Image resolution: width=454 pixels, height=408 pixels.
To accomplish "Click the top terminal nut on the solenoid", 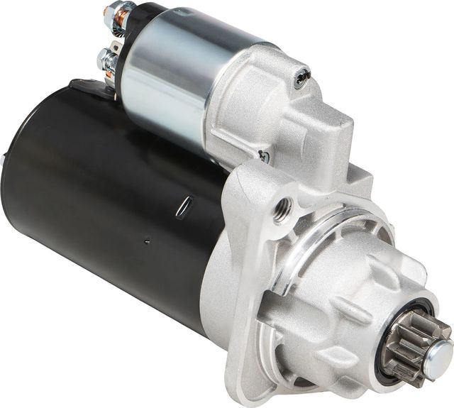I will tap(115, 12).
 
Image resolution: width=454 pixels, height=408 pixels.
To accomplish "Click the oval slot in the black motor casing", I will tap(184, 205).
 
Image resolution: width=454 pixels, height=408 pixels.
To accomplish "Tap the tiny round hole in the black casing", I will tap(148, 242).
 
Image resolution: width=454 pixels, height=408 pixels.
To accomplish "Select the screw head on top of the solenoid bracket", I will tap(304, 73).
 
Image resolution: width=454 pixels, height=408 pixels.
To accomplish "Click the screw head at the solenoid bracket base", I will tap(264, 157).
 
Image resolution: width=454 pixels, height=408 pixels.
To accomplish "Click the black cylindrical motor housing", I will tap(106, 199).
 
